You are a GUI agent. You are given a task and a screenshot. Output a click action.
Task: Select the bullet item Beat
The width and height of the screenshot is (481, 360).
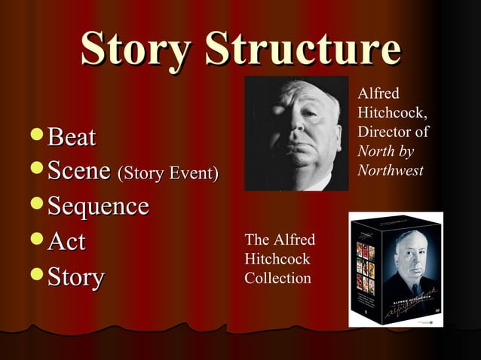72,137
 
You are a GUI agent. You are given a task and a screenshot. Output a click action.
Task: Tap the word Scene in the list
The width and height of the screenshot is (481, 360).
79,171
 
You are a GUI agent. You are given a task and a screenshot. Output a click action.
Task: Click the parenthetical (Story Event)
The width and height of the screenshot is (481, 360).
168,174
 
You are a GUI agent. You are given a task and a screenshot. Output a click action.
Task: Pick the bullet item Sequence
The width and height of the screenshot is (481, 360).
98,206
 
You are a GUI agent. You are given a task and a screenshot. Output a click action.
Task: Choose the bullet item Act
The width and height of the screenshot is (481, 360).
66,241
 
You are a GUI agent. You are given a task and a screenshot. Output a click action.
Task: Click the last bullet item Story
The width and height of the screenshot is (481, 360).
75,276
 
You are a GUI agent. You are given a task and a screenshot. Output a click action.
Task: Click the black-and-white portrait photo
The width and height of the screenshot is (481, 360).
296,133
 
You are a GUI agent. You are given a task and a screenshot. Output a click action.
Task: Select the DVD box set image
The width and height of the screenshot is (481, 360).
395,269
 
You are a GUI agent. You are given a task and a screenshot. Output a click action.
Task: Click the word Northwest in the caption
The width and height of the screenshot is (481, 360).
389,170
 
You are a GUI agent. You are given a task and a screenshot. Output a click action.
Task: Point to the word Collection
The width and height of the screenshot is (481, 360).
277,279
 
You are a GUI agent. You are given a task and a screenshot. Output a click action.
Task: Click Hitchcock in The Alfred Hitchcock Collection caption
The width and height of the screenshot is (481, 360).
277,259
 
